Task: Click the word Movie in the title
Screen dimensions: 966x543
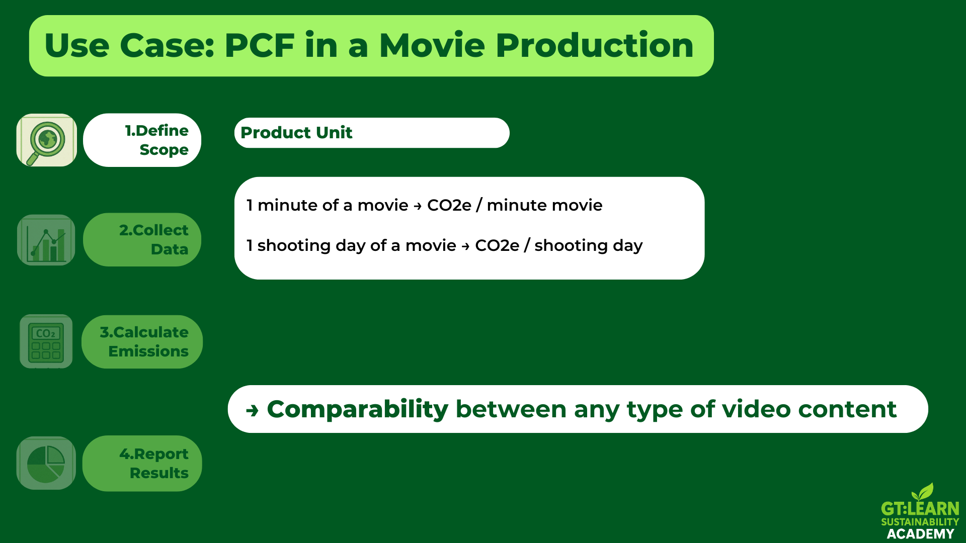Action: coord(432,45)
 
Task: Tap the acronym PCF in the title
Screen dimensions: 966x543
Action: coord(260,45)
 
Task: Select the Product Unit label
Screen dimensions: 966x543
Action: coord(296,133)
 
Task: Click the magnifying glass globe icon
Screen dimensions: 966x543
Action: coord(46,140)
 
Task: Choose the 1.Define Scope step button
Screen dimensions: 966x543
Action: coord(142,140)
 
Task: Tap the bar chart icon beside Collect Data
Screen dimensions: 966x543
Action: coord(46,240)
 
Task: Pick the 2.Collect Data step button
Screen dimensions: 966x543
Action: coord(142,240)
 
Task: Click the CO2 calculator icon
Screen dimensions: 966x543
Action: coord(46,342)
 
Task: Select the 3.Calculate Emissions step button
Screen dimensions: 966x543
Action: coord(142,342)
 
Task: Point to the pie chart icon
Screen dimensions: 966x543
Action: coord(46,463)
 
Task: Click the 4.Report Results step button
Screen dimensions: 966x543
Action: coord(142,463)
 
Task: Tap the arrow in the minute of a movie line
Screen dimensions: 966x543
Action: coord(418,206)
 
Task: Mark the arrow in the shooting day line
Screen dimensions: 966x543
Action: coord(465,246)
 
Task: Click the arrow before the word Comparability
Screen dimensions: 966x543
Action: coord(252,411)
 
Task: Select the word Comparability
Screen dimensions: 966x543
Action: coord(358,410)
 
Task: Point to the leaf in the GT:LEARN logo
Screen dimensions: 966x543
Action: coord(923,492)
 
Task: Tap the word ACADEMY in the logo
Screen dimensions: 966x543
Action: coord(920,534)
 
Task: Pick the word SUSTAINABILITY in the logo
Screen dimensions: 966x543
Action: coord(920,522)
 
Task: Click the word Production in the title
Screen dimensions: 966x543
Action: coord(595,45)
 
